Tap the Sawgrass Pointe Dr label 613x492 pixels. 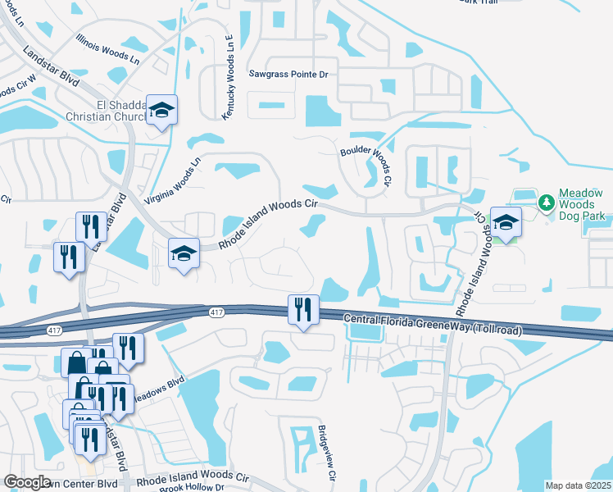point(288,74)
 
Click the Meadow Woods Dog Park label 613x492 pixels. point(585,206)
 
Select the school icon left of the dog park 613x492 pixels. point(506,221)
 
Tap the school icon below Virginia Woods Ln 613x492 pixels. point(184,253)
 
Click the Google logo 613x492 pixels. point(28,482)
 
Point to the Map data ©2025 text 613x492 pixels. point(577,485)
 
